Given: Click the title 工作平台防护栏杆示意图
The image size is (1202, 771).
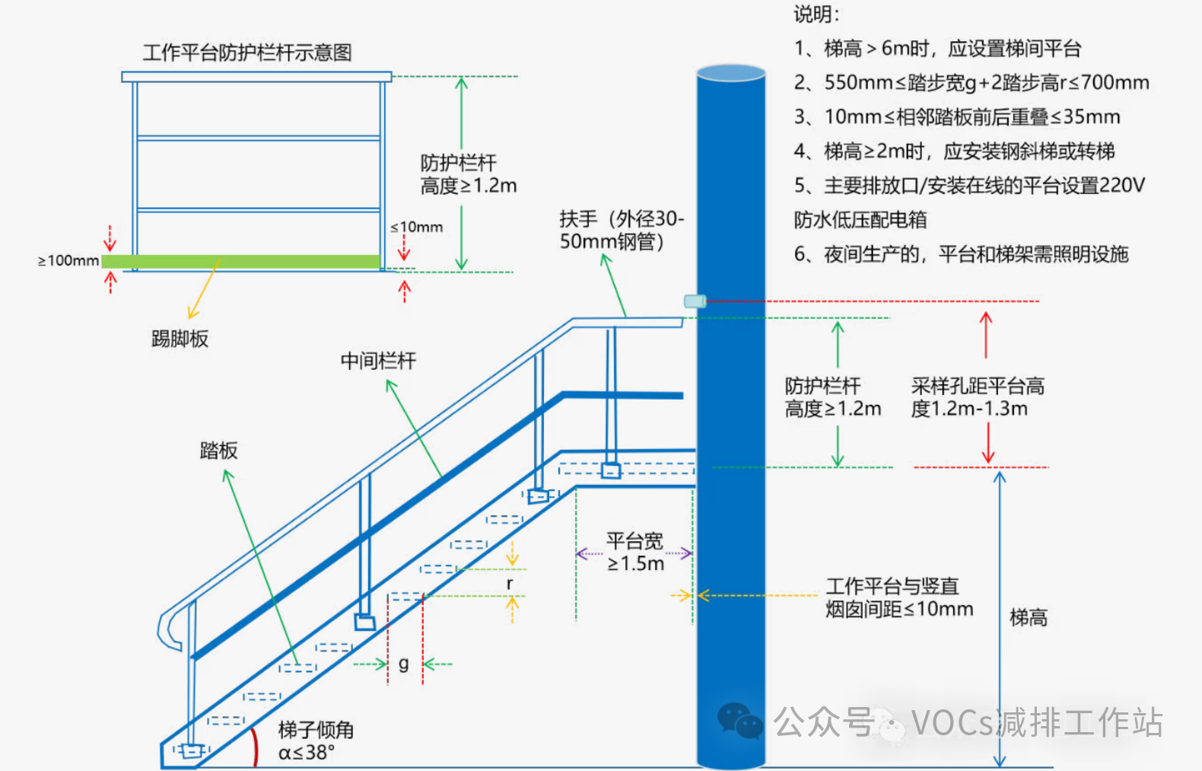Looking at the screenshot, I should (x=247, y=53).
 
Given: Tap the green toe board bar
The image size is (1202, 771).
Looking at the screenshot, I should (x=240, y=262).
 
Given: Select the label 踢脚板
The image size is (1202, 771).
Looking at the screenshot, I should (x=180, y=339).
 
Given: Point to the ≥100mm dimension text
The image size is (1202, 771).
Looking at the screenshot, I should (x=68, y=261).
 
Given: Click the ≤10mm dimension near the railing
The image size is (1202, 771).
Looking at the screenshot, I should (x=416, y=227).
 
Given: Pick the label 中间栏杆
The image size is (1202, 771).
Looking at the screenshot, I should (x=378, y=361).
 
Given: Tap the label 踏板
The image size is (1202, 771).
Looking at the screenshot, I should (x=218, y=451).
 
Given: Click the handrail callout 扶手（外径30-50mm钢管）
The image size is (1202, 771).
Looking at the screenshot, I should (x=621, y=230).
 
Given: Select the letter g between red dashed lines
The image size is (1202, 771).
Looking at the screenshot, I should (x=403, y=664).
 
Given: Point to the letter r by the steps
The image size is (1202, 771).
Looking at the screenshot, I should (x=510, y=583).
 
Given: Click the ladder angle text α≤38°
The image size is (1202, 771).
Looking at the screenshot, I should (x=315, y=741).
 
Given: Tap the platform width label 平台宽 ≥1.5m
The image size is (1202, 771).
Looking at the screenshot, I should (x=635, y=553).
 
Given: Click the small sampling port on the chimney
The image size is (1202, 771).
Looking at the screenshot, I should (x=695, y=301).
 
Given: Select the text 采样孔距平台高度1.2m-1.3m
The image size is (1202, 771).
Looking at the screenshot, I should (x=977, y=397).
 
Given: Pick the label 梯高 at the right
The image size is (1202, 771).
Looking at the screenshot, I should (x=1028, y=617).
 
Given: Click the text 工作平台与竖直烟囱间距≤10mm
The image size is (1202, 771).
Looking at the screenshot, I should (x=898, y=597).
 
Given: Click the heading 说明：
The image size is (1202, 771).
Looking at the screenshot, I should (x=816, y=14).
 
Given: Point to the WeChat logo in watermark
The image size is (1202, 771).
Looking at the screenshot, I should (x=739, y=721).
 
